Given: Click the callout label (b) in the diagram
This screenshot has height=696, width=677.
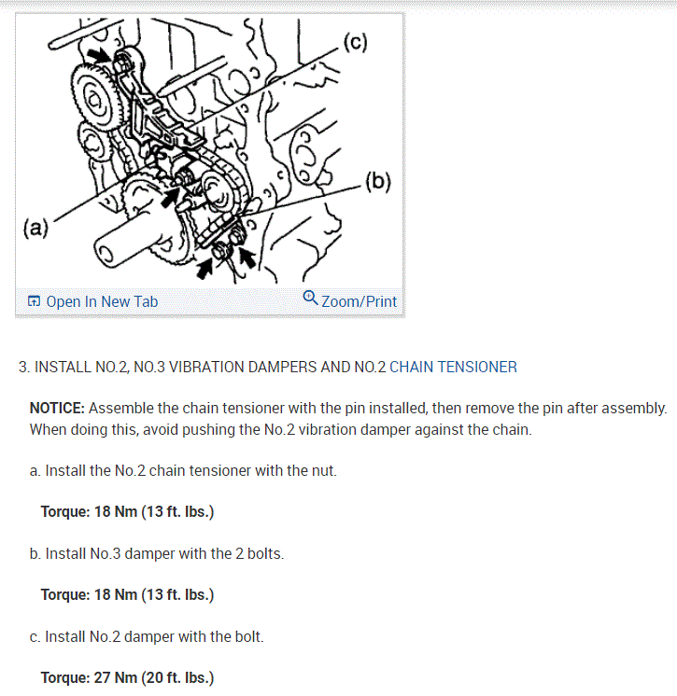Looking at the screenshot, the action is [380, 180].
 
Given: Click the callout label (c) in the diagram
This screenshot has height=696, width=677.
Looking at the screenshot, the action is [356, 41].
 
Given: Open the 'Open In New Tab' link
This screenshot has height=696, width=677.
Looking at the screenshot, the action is [102, 301].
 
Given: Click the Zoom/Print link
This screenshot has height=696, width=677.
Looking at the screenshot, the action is [359, 301].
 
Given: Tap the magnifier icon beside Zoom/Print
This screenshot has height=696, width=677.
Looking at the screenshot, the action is [311, 299].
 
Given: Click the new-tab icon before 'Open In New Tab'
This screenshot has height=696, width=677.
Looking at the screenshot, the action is [34, 301].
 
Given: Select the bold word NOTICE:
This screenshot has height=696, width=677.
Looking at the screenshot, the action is [58, 408].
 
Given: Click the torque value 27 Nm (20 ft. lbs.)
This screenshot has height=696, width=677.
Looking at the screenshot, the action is [127, 677].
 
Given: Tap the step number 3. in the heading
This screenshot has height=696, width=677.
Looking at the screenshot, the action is [24, 367].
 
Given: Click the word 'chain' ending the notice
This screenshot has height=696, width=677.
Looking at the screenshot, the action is [512, 429].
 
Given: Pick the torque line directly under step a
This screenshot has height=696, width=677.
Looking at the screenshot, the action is [127, 511].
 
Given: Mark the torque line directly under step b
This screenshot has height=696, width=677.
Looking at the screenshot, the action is [127, 594].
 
